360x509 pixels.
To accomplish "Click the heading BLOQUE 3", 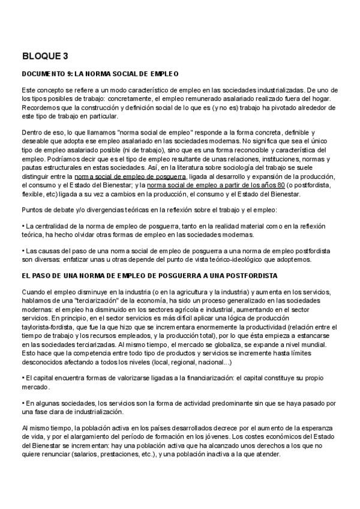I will (x=45, y=56).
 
